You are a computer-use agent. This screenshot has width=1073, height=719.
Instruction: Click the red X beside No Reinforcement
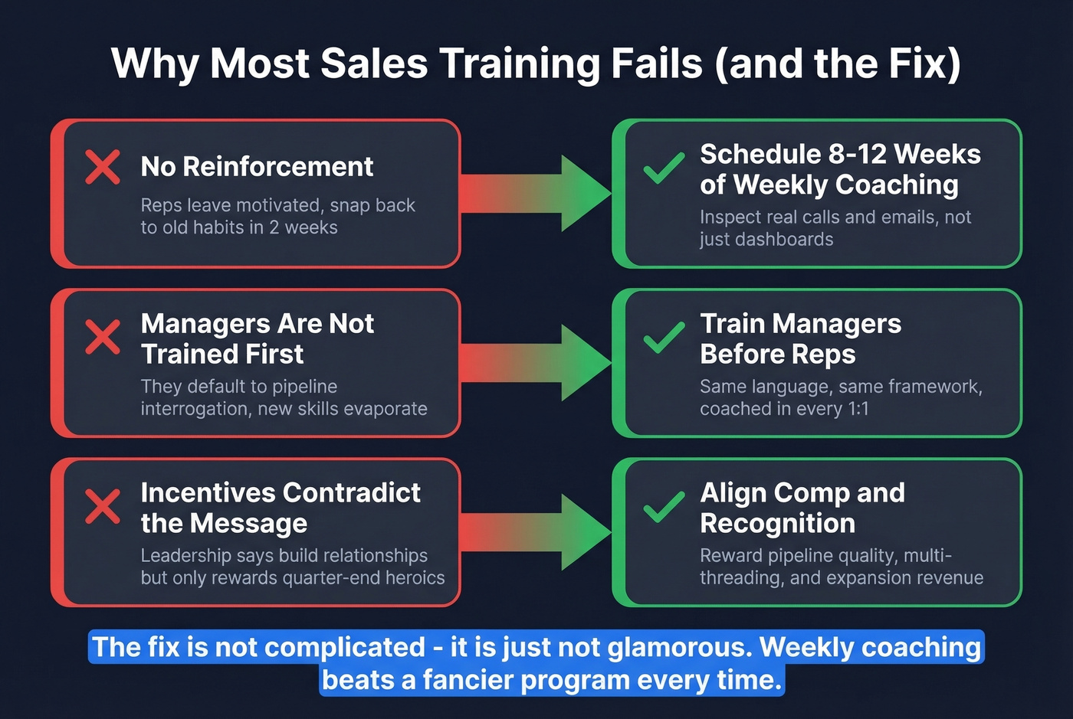(103, 167)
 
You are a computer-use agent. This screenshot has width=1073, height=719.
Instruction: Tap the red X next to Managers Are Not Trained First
(103, 337)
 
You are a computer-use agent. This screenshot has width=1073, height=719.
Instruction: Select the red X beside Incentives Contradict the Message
(103, 506)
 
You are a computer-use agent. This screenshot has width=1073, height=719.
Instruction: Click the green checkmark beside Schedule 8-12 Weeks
(664, 168)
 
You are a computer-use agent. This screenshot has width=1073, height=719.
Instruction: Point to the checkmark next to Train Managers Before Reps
(664, 337)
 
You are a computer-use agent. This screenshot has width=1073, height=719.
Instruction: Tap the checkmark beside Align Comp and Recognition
(664, 506)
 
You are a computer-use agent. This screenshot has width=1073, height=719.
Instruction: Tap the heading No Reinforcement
(257, 166)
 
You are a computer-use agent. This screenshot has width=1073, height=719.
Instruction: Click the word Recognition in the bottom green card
(777, 524)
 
